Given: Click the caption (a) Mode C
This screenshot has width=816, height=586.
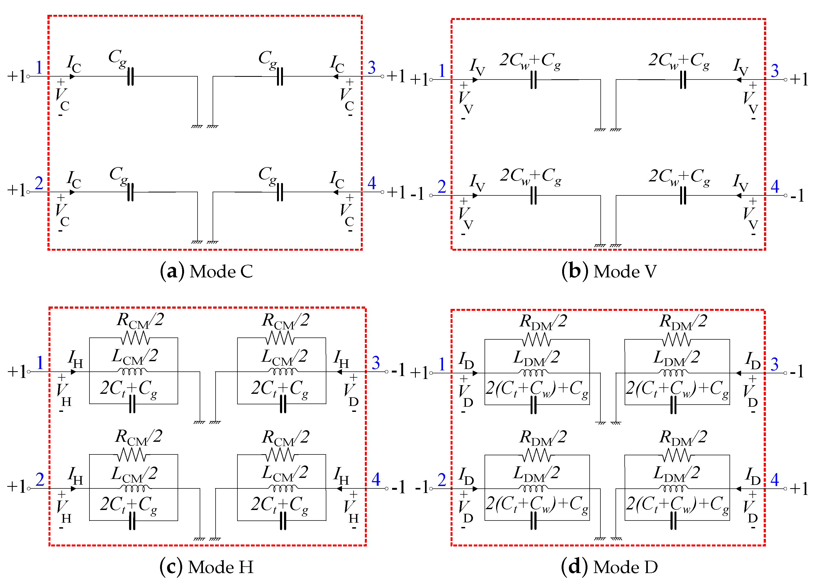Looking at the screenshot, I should (206, 271).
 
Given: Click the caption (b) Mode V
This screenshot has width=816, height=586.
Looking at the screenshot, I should (609, 271).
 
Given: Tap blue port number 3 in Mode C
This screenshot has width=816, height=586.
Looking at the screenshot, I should (372, 68).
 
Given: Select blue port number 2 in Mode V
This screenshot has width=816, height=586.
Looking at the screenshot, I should (442, 187).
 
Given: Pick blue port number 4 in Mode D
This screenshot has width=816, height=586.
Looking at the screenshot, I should (774, 480).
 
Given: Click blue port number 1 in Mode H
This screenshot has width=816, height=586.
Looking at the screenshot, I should (40, 363).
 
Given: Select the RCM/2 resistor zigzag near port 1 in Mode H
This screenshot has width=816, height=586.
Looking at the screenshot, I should (135, 338).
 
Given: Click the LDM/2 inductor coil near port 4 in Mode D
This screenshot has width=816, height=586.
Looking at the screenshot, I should (673, 488).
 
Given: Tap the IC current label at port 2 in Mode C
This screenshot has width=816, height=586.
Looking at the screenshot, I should (74, 179).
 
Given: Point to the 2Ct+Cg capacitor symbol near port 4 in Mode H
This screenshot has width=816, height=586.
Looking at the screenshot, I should (283, 521).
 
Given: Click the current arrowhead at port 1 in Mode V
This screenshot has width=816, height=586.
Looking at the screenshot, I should (475, 80).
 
